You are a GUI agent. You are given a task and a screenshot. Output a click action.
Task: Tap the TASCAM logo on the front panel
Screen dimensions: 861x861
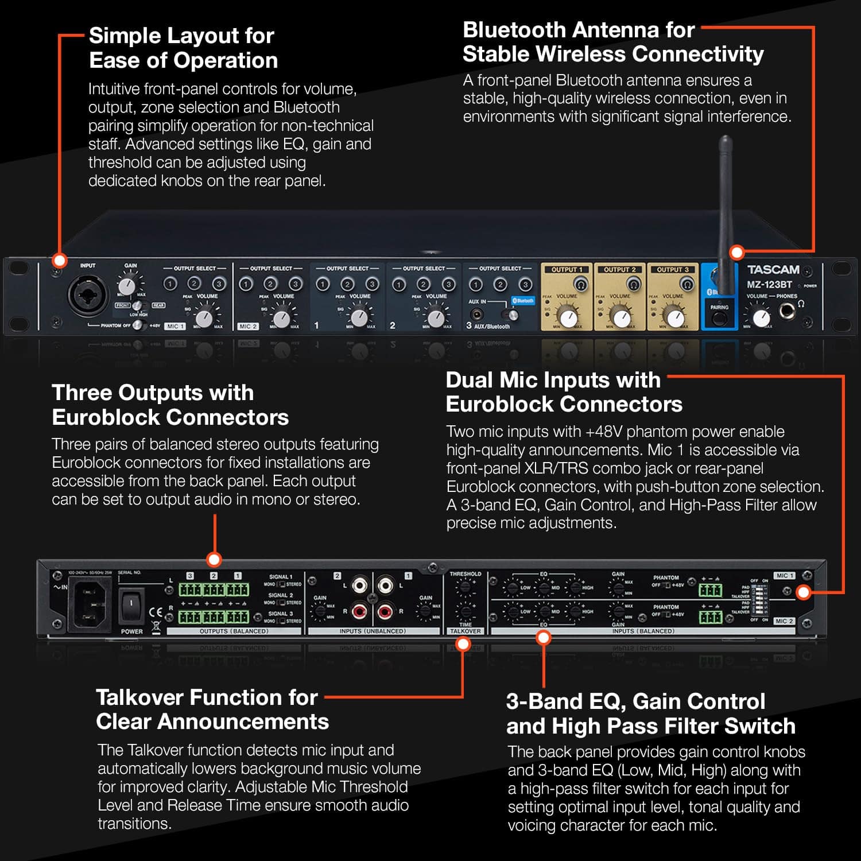[773, 269]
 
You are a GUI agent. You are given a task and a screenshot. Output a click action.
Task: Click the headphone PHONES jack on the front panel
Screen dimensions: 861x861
[787, 312]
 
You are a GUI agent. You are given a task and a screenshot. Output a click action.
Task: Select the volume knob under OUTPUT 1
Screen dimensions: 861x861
[568, 317]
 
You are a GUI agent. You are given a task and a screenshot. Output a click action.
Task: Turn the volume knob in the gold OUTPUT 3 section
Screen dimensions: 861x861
[675, 317]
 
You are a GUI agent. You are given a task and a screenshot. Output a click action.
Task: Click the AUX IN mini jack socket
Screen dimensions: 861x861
[476, 314]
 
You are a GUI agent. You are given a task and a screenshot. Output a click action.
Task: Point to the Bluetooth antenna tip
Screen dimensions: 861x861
[726, 141]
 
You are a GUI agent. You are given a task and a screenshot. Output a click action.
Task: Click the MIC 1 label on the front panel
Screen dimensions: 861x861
[175, 326]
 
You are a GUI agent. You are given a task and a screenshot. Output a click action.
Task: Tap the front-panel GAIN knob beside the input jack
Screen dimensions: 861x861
[127, 285]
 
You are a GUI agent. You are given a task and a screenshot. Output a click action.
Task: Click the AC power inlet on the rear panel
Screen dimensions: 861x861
[90, 603]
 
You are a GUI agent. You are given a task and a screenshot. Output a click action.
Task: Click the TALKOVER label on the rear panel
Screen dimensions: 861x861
[466, 631]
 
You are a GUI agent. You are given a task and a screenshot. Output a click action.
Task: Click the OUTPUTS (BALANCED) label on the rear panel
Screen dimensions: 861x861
[234, 631]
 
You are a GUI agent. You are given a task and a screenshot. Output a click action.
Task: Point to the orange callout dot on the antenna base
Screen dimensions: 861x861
[736, 252]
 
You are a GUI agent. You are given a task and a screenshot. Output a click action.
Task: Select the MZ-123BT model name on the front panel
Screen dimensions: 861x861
[769, 285]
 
